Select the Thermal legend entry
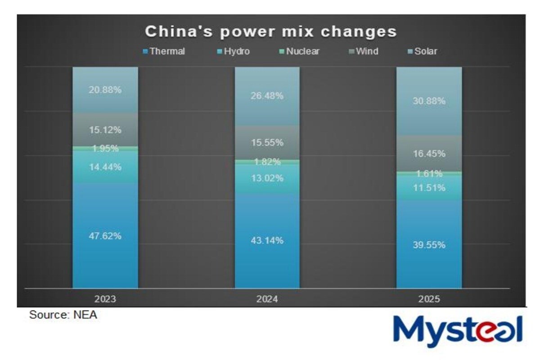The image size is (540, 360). pyautogui.click(x=164, y=51)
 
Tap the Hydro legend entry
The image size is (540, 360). pyautogui.click(x=233, y=51)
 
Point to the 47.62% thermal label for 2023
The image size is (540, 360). pyautogui.click(x=105, y=236)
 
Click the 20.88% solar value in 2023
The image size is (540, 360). pyautogui.click(x=105, y=90)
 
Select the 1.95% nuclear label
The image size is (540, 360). pyautogui.click(x=105, y=148)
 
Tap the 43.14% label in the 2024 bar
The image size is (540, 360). pyautogui.click(x=267, y=241)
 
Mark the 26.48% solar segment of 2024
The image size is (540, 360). pyautogui.click(x=267, y=96)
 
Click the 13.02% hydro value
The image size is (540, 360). pyautogui.click(x=267, y=178)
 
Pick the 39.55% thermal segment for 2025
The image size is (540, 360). pyautogui.click(x=429, y=245)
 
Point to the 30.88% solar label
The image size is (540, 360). pyautogui.click(x=429, y=101)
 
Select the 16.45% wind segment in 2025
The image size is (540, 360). pyautogui.click(x=429, y=154)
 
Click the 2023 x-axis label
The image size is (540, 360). pyautogui.click(x=105, y=299)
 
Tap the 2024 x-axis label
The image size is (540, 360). pyautogui.click(x=267, y=299)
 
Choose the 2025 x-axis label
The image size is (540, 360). pyautogui.click(x=429, y=299)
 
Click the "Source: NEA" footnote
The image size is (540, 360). pyautogui.click(x=63, y=315)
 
